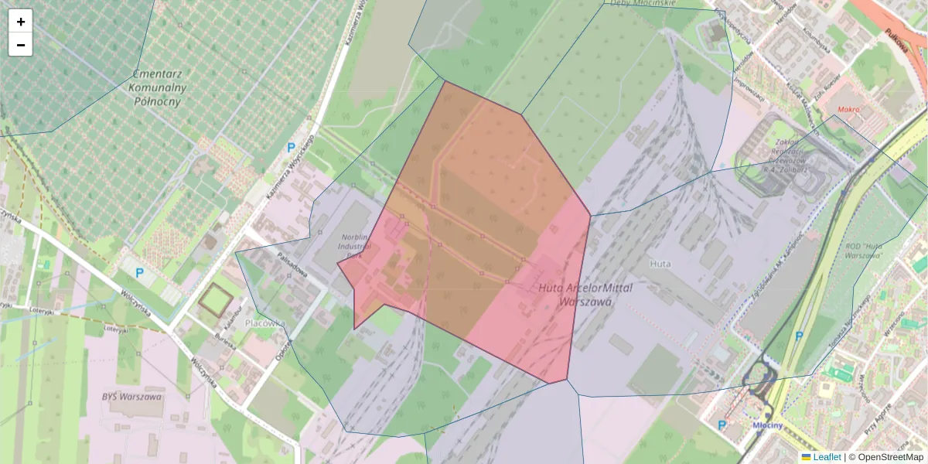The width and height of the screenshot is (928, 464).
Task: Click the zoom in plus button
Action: (x=20, y=22)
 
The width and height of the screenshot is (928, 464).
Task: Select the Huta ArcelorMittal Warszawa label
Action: (x=575, y=295)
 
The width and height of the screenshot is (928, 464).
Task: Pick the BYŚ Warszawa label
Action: (x=131, y=397)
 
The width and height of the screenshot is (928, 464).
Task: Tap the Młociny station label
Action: (x=769, y=425)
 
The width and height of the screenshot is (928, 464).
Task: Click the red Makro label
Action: (x=847, y=109)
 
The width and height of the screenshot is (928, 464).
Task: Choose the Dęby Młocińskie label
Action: (x=643, y=3)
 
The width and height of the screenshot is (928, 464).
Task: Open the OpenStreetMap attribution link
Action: (x=890, y=457)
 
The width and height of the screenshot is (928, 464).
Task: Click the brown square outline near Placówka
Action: (x=214, y=299)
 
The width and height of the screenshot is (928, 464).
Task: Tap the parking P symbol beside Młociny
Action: (x=722, y=425)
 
